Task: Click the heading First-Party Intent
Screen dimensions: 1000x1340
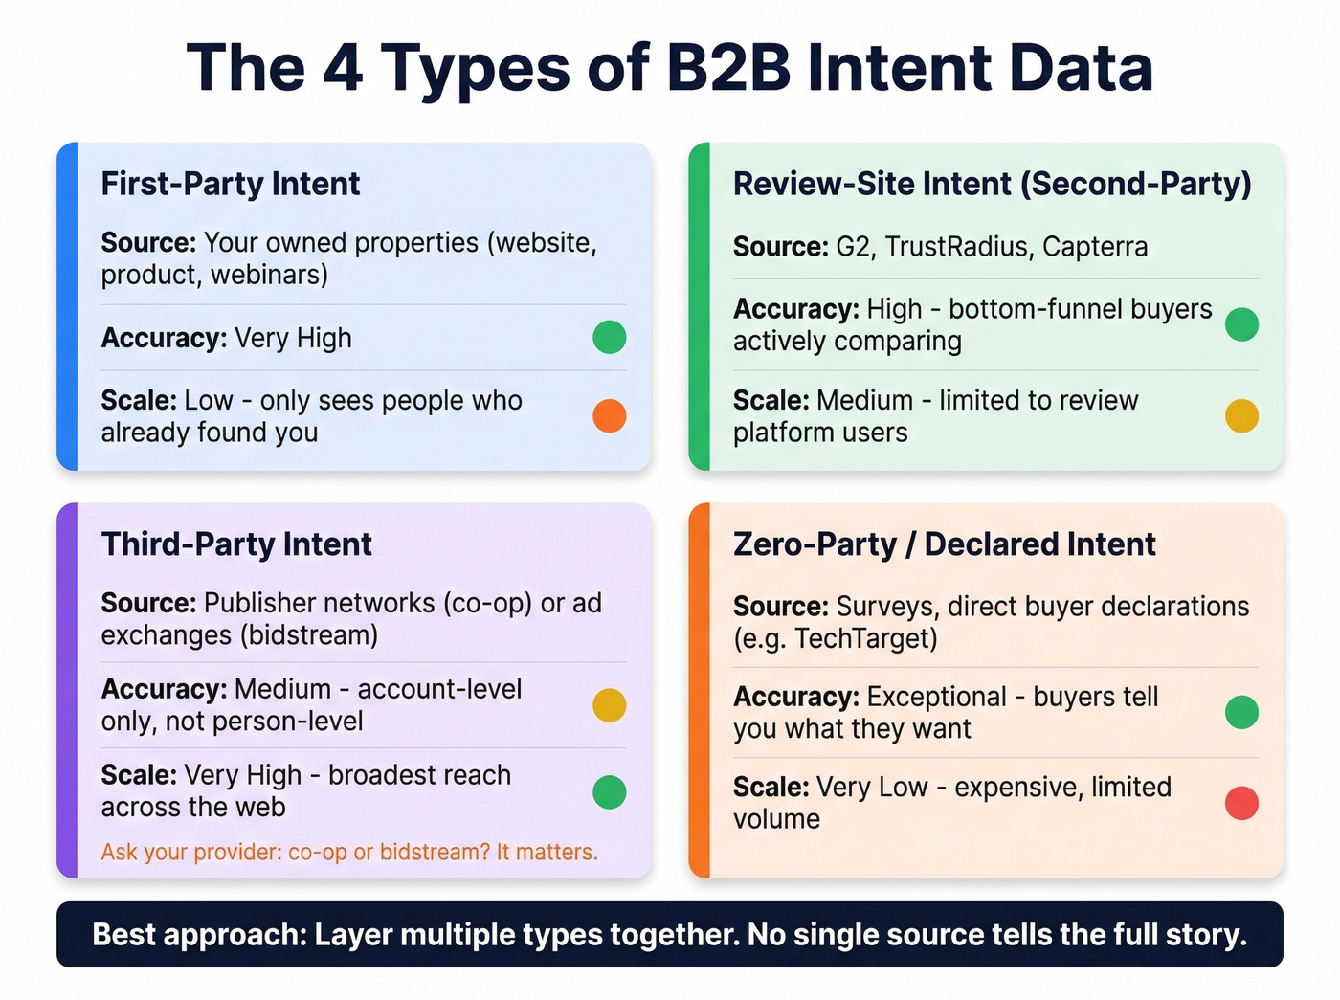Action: (x=231, y=184)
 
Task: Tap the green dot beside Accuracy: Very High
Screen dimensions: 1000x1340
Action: (x=610, y=338)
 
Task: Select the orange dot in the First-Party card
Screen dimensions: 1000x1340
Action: (x=610, y=416)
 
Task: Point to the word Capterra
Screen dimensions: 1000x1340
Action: (x=1095, y=247)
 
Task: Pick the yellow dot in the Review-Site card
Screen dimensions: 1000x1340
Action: (x=1241, y=416)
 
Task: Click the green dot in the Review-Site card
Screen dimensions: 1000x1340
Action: (x=1241, y=324)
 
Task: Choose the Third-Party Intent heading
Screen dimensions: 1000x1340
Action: (x=236, y=544)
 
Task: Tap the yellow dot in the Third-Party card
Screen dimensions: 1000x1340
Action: (x=610, y=705)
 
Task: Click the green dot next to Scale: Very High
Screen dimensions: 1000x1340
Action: (x=610, y=792)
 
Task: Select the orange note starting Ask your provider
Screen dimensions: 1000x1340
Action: (x=349, y=852)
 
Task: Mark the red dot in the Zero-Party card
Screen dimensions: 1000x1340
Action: (x=1241, y=803)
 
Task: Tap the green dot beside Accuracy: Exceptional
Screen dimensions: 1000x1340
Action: (x=1241, y=712)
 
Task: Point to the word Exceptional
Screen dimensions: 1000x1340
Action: (x=936, y=697)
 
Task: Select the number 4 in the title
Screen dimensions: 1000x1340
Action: (x=343, y=69)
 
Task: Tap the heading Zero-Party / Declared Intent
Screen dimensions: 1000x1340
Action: (x=945, y=544)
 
